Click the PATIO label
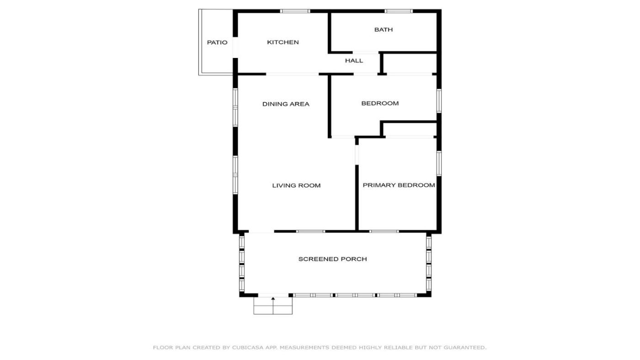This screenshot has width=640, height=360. (217, 42)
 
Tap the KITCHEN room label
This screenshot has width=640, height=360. (283, 42)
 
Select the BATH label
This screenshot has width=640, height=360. (384, 30)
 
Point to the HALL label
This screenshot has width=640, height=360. (354, 60)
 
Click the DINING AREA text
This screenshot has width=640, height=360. (286, 104)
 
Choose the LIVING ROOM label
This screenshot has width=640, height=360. (296, 185)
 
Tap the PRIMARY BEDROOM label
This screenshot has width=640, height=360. (399, 185)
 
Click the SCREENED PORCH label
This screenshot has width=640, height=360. (333, 259)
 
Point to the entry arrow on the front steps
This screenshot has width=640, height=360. (273, 306)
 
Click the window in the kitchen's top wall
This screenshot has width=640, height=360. (295, 11)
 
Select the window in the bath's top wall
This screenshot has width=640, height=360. (399, 11)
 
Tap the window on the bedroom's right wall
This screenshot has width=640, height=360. (439, 101)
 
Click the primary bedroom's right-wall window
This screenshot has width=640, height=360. (439, 163)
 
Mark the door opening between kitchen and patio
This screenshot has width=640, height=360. (235, 48)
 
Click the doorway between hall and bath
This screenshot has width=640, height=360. (366, 53)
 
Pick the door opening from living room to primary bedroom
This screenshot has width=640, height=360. (357, 155)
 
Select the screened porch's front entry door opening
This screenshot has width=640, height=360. (273, 295)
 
